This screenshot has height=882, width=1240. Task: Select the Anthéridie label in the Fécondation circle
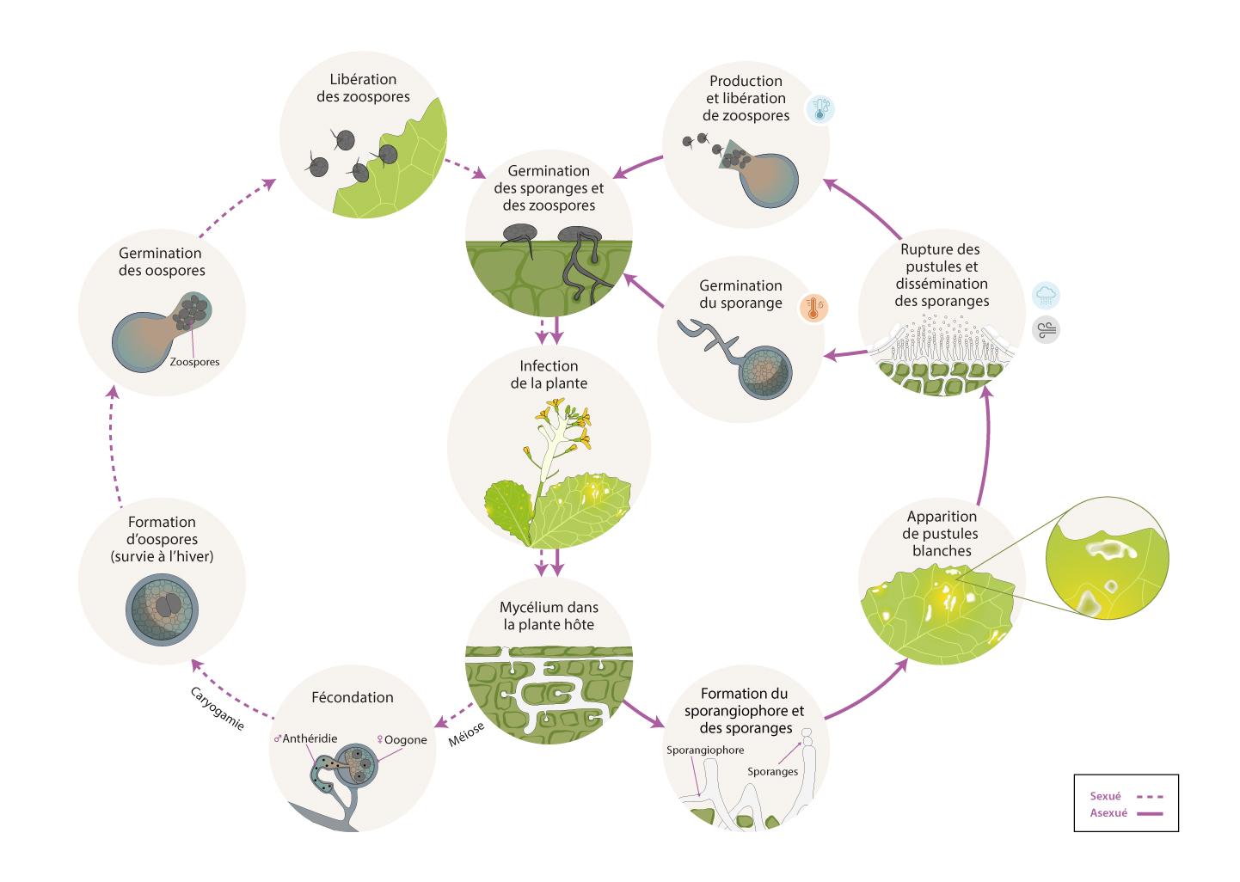(306, 738)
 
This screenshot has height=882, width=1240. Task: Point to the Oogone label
(402, 739)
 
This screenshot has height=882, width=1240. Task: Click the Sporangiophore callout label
(705, 750)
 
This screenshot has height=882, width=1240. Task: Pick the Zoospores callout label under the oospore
(194, 362)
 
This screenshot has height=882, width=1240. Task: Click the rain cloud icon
(1046, 296)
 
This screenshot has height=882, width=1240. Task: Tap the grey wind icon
(1046, 329)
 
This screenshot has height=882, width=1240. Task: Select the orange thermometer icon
(813, 307)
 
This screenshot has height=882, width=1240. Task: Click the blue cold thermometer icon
(820, 109)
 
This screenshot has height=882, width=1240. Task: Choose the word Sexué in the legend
(1105, 796)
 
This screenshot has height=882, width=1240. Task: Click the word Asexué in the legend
(1108, 813)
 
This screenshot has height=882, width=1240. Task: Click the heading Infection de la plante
(549, 374)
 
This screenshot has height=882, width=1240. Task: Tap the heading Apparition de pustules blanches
(942, 533)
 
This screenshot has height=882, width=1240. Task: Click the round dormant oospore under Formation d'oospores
(163, 607)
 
